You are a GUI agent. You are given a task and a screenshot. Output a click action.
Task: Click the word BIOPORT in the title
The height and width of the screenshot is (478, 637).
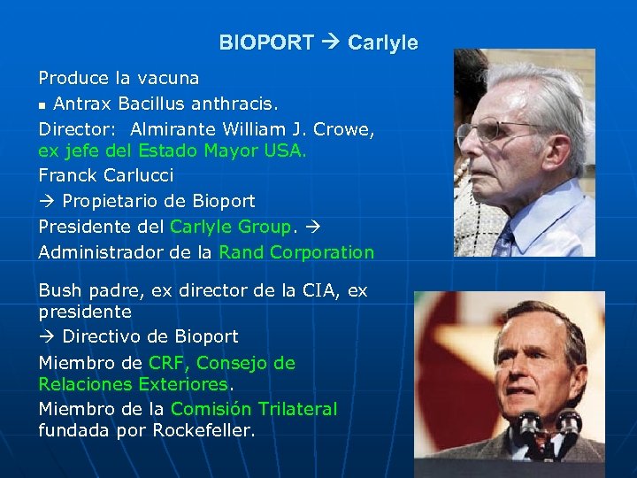point(265,42)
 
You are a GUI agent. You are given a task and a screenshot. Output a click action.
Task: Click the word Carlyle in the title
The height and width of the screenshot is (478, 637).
point(382,42)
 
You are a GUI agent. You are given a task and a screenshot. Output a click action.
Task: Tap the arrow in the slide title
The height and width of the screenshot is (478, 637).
point(330,42)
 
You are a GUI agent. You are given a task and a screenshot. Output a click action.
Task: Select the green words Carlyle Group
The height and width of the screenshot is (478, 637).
point(229,226)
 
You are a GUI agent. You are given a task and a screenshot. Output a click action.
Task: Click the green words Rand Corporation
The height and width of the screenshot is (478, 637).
point(296,252)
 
